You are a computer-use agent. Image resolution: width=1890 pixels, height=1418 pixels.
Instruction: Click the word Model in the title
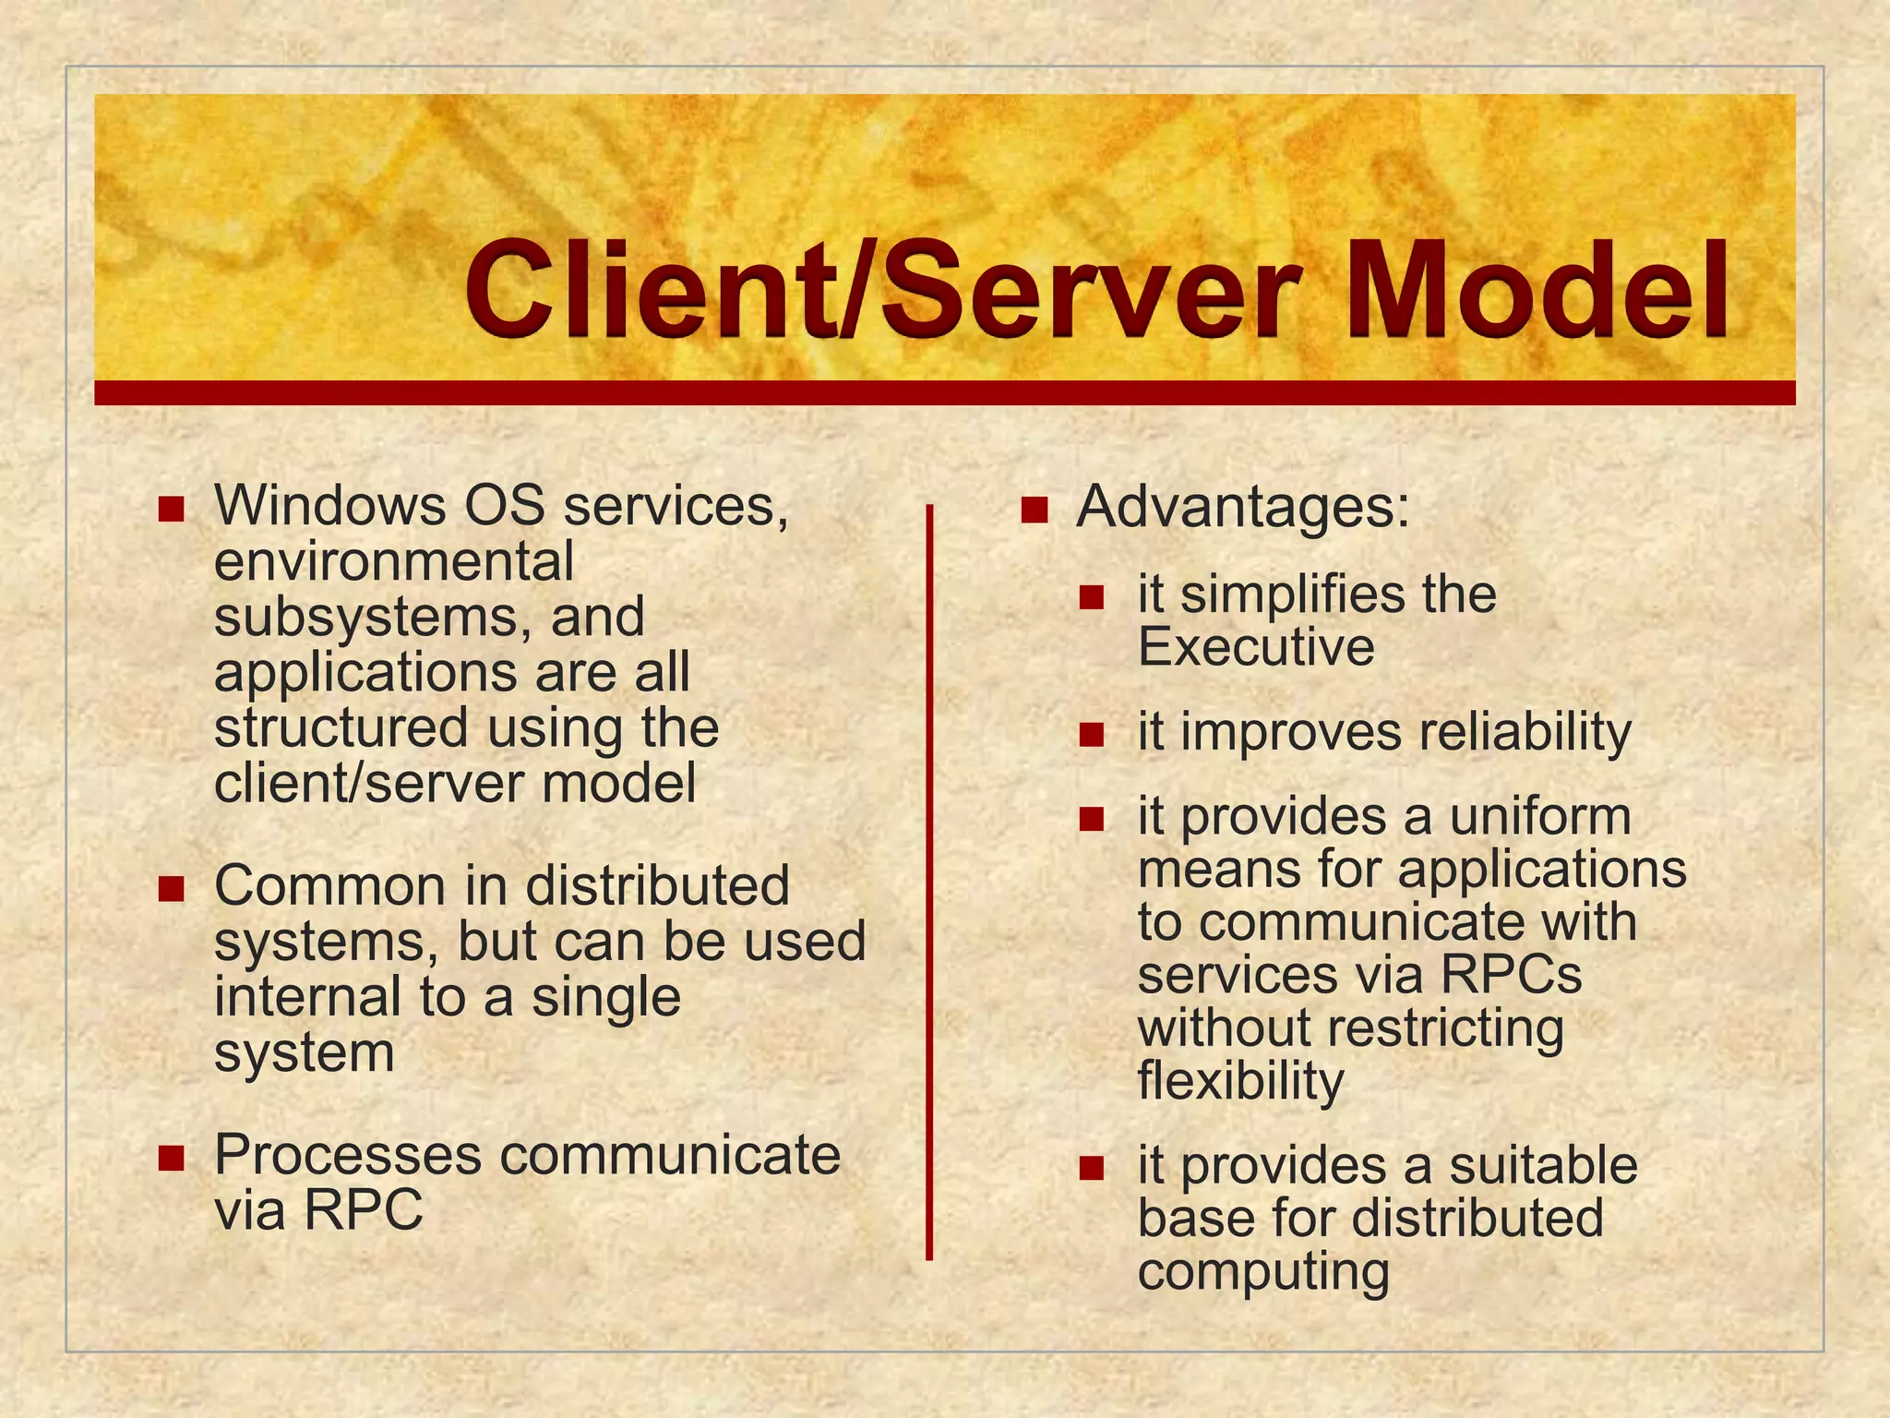[x=1536, y=290]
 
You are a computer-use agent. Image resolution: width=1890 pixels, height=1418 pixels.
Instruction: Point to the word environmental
[x=394, y=563]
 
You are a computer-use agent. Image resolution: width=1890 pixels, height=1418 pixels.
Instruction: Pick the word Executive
[x=1256, y=647]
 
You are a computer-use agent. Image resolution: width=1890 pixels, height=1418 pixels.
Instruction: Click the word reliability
[x=1525, y=733]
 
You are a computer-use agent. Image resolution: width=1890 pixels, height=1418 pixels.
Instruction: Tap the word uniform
[x=1539, y=816]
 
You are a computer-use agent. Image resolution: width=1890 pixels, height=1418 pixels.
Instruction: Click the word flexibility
[x=1240, y=1082]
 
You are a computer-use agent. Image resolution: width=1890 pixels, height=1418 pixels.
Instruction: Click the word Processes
[x=348, y=1156]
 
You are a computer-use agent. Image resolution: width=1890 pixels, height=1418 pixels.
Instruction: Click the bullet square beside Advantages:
[x=1035, y=510]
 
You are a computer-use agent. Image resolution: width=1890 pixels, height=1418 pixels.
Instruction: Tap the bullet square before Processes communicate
[x=172, y=1158]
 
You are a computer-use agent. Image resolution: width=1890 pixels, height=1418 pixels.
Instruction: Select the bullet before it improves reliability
[x=1092, y=735]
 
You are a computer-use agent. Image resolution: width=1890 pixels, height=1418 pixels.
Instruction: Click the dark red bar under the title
[x=944, y=392]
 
